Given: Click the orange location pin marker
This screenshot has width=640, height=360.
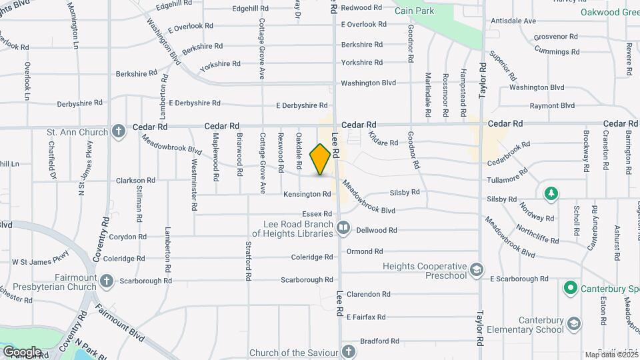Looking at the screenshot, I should [x=321, y=159].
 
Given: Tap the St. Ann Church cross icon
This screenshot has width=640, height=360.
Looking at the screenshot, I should [x=119, y=131].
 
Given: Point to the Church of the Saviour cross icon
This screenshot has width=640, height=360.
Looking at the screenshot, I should [x=349, y=351].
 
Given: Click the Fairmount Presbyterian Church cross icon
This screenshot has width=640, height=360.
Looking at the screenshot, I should [x=107, y=281].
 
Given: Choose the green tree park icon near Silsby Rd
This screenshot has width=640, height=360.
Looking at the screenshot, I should [x=551, y=193].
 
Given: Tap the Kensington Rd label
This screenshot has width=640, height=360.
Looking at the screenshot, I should [x=307, y=195].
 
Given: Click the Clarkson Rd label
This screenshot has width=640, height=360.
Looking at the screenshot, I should [x=135, y=180].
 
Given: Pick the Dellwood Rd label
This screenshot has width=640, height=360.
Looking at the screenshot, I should [x=377, y=230].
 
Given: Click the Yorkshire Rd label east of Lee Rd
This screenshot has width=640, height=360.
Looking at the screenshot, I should [x=361, y=63].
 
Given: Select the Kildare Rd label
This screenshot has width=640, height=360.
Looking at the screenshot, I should [x=385, y=143].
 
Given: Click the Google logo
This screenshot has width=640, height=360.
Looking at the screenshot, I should [x=22, y=351].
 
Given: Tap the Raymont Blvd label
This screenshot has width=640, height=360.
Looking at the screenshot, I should [x=552, y=106].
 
